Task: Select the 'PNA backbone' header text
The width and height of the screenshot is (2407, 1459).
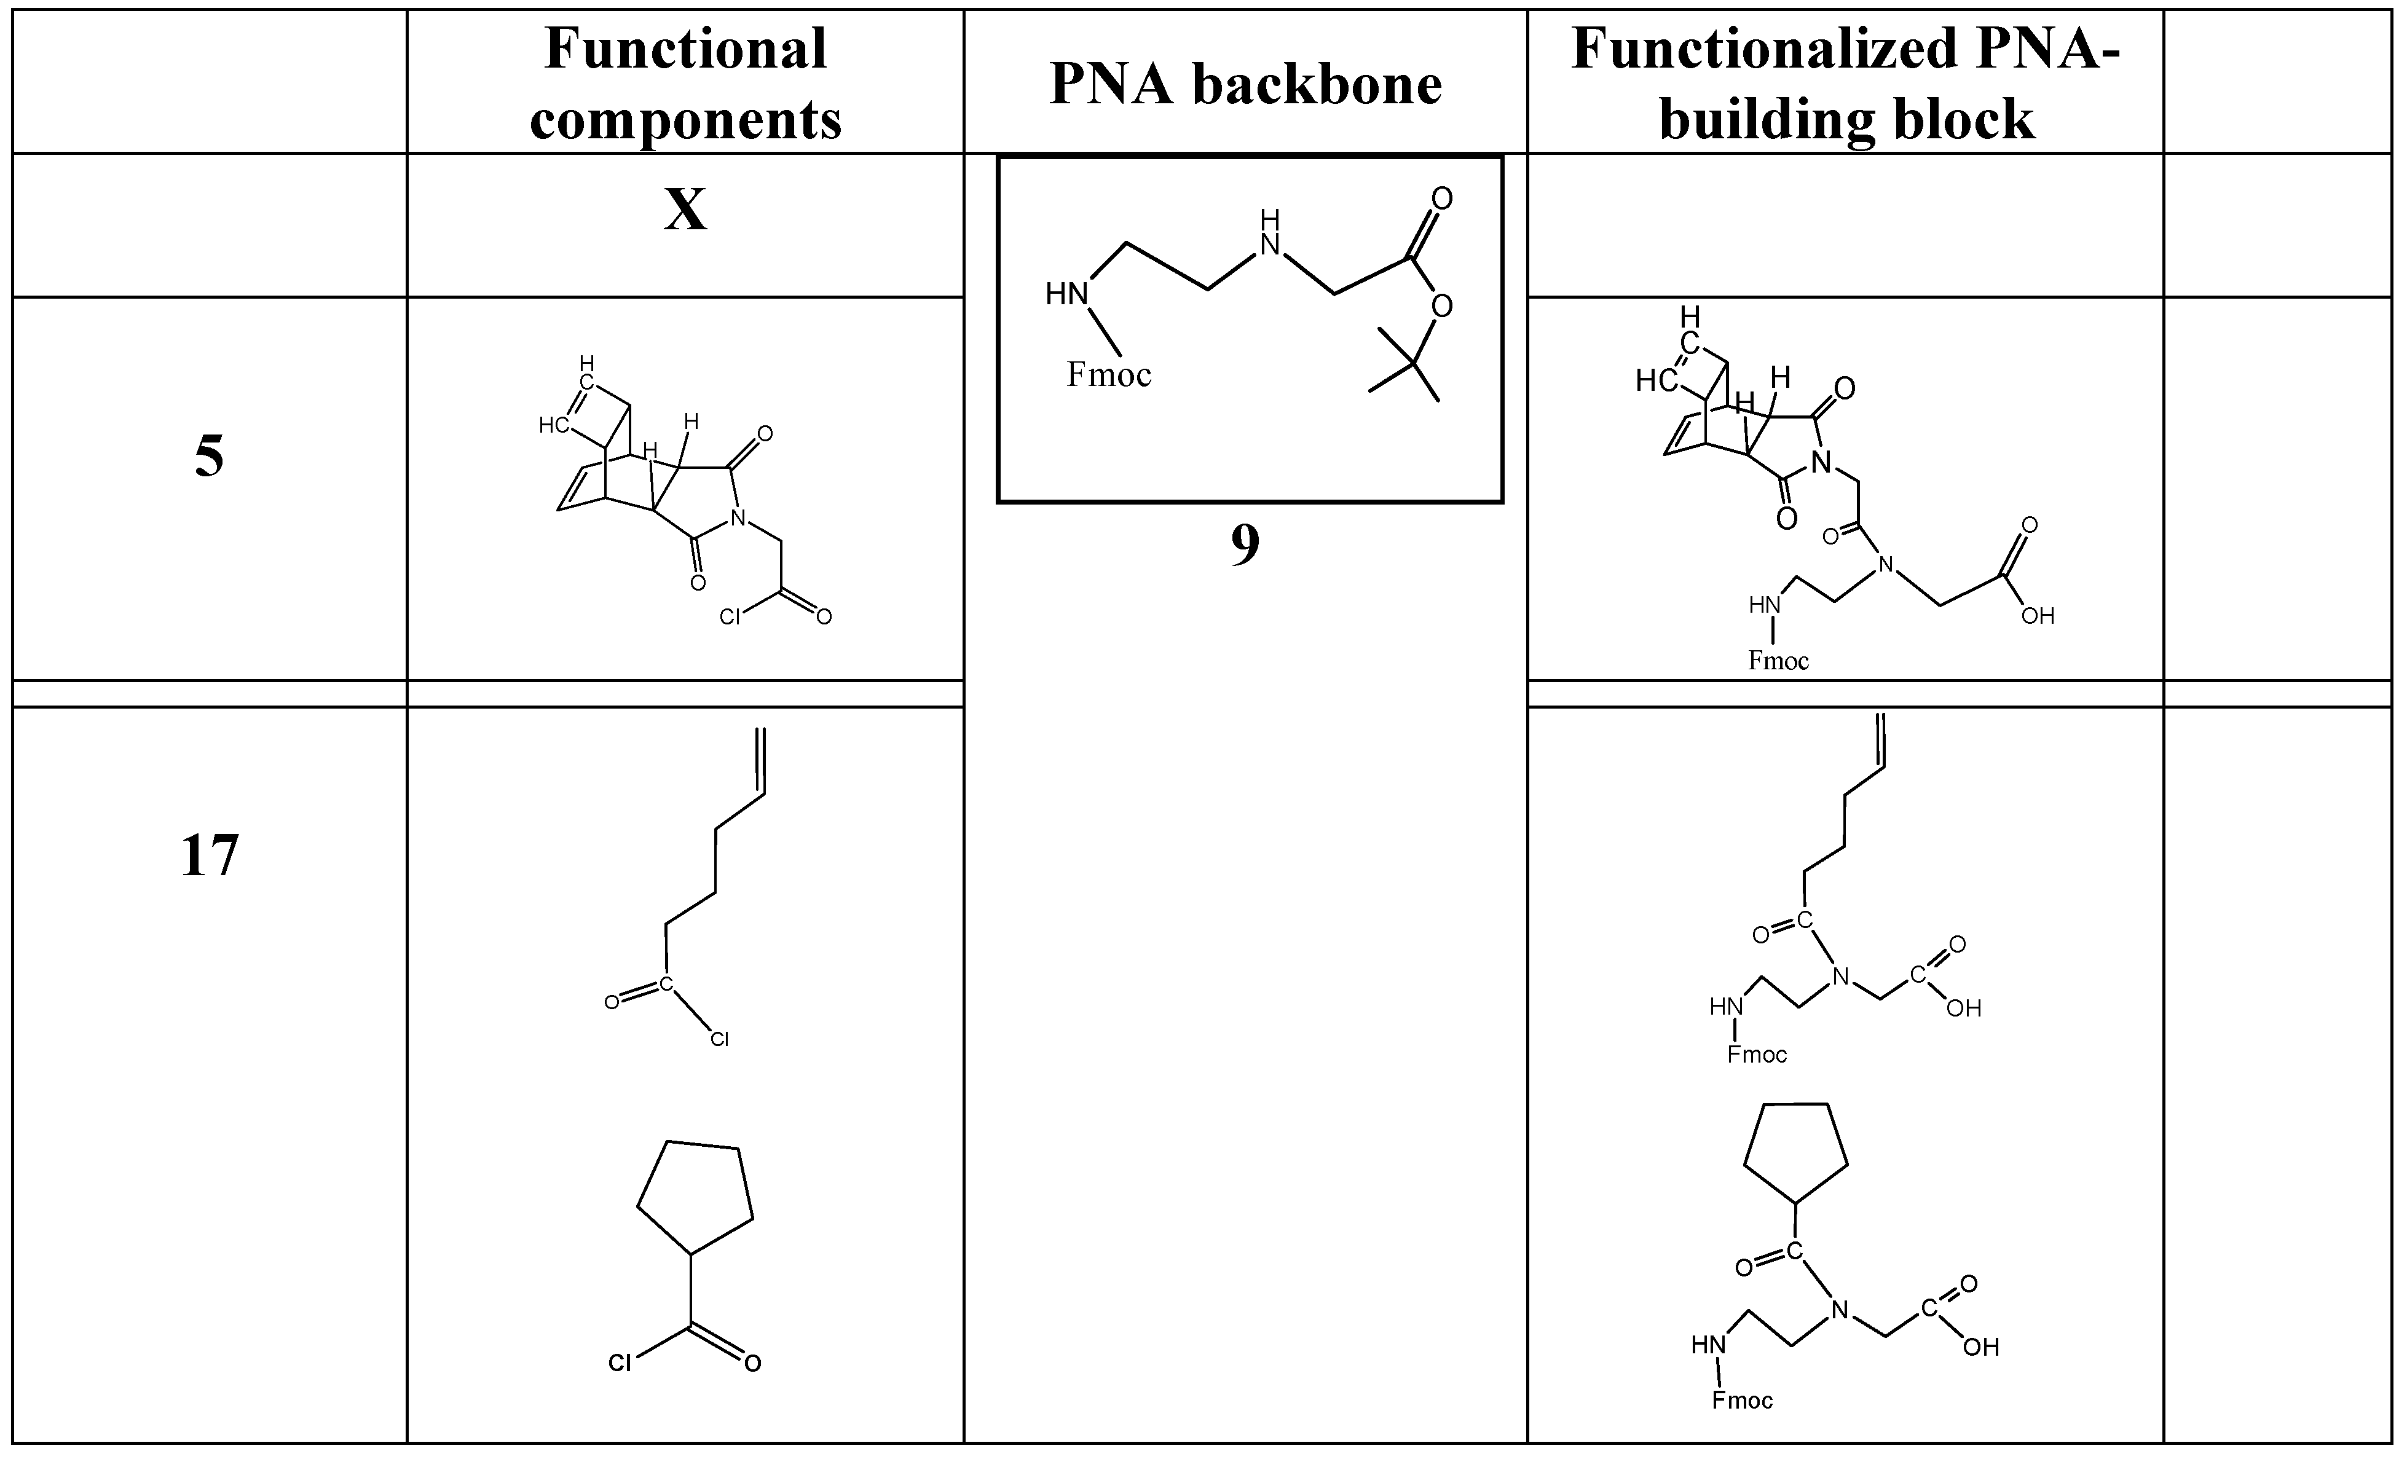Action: pyautogui.click(x=1245, y=85)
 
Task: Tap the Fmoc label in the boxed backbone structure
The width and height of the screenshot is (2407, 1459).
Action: pyautogui.click(x=1109, y=375)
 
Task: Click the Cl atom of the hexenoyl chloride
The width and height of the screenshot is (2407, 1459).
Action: pyautogui.click(x=719, y=1040)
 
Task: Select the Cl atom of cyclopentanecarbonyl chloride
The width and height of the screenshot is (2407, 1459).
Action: pyautogui.click(x=620, y=1363)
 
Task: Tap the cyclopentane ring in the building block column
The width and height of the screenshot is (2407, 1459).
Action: pyautogui.click(x=1795, y=1152)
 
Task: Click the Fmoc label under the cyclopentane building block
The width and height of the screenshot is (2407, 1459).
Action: pyautogui.click(x=1742, y=1401)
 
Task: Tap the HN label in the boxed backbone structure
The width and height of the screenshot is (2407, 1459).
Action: pyautogui.click(x=1066, y=294)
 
